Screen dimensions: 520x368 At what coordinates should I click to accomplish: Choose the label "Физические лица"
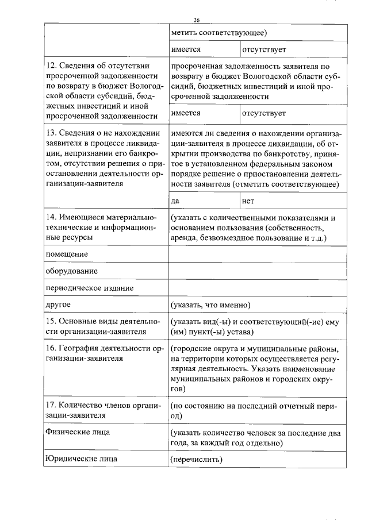click(x=77, y=432)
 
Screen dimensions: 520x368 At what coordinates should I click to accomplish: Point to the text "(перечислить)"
click(x=196, y=459)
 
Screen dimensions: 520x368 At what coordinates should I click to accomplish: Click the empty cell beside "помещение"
click(x=258, y=254)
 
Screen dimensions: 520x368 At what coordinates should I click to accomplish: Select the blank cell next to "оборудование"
click(x=258, y=271)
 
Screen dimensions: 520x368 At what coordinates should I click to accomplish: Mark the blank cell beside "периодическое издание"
click(x=258, y=287)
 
